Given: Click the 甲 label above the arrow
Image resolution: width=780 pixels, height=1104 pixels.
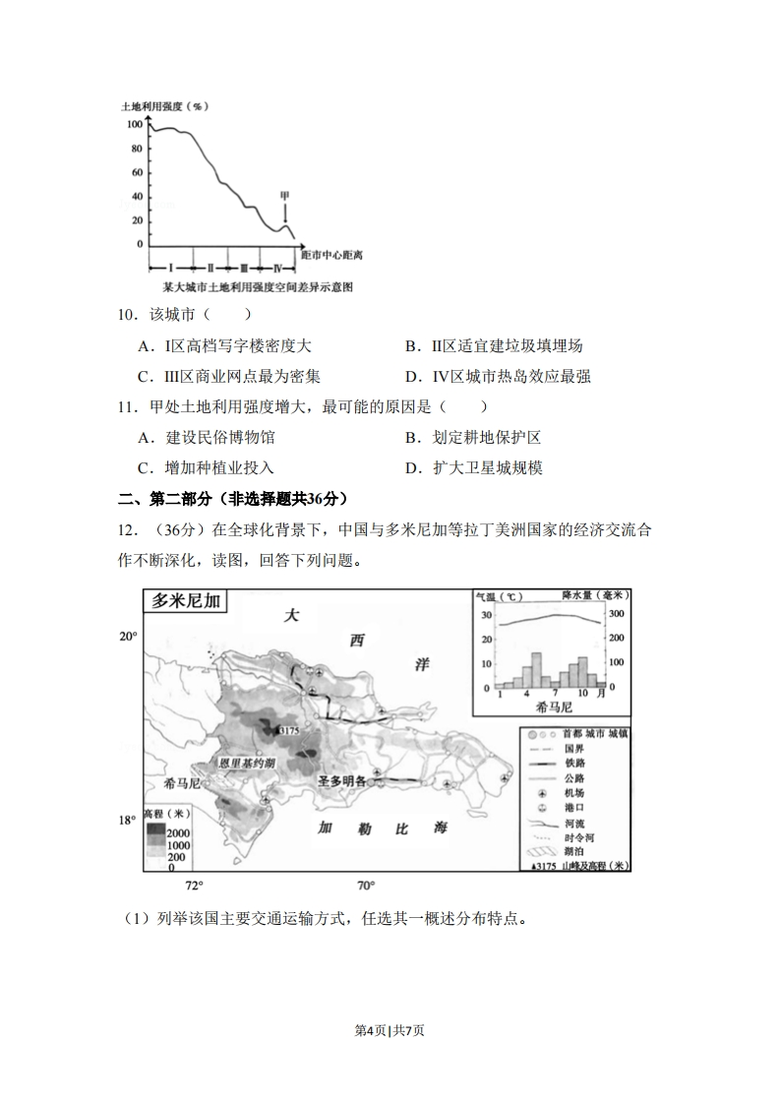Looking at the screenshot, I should pyautogui.click(x=285, y=195).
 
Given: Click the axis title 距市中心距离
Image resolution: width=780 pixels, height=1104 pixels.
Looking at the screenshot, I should pyautogui.click(x=330, y=255).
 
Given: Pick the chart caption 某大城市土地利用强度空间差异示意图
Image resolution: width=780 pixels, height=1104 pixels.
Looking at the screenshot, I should pyautogui.click(x=258, y=287).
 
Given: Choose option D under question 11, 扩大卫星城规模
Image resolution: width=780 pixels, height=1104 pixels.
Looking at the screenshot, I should pyautogui.click(x=474, y=468).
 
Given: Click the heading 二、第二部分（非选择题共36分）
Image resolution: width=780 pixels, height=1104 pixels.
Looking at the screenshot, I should pyautogui.click(x=233, y=499).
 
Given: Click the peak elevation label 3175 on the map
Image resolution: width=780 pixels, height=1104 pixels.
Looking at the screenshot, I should pyautogui.click(x=287, y=731).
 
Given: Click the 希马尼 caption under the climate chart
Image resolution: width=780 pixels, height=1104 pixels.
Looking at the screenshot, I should pyautogui.click(x=554, y=706).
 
